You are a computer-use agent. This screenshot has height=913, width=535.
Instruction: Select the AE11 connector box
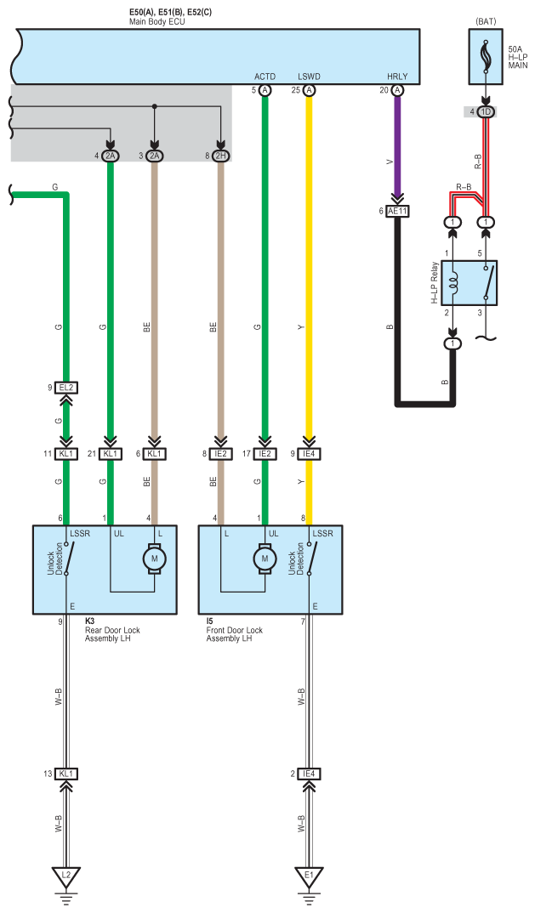click(x=397, y=212)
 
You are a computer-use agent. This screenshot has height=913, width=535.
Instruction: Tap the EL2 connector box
click(x=65, y=388)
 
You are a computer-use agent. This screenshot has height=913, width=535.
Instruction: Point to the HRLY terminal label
click(x=397, y=77)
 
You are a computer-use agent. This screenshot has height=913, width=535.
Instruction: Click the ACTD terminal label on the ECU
click(x=265, y=77)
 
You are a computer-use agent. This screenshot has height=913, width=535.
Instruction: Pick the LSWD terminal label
click(x=309, y=77)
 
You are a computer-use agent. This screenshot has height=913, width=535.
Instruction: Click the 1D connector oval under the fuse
click(x=485, y=111)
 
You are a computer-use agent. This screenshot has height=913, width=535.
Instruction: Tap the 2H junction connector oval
click(x=220, y=156)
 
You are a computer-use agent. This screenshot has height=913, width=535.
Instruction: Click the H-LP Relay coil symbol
click(x=452, y=283)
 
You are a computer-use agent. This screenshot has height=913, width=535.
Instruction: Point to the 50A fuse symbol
click(x=485, y=57)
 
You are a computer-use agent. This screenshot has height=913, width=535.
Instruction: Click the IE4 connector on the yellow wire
click(x=309, y=454)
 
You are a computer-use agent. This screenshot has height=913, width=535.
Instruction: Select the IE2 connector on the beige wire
click(x=220, y=454)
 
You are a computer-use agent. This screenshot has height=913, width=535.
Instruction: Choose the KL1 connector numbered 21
click(x=111, y=454)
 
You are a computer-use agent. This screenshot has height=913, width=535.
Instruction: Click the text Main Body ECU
click(x=157, y=21)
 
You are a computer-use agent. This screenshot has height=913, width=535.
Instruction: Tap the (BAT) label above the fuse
click(x=486, y=21)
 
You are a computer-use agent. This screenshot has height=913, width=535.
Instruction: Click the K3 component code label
click(x=90, y=622)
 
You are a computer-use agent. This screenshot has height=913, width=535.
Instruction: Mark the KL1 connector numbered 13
click(x=65, y=774)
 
